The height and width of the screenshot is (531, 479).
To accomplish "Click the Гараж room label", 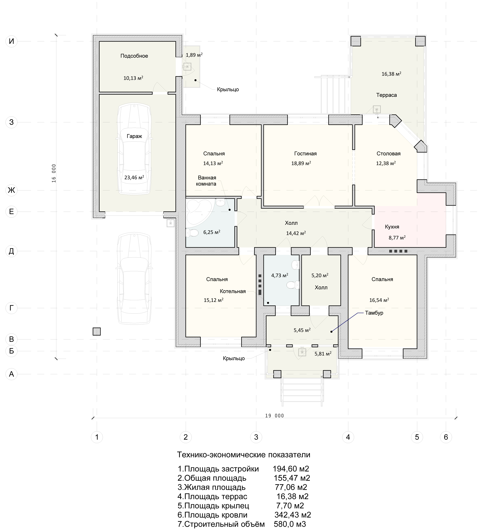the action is (x=134, y=136).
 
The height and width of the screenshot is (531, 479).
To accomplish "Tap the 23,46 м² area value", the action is (x=134, y=177).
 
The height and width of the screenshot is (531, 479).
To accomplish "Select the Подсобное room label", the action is (x=134, y=56).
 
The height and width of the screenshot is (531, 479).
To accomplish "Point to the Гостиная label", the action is (x=305, y=154).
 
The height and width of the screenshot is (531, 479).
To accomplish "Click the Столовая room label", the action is (x=389, y=154).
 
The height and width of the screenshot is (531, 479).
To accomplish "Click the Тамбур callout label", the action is (x=374, y=313).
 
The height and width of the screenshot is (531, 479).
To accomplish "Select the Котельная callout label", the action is (x=233, y=291).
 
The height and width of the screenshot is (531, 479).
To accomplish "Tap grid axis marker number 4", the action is (x=348, y=437).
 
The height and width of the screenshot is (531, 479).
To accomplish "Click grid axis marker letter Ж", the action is (x=11, y=190).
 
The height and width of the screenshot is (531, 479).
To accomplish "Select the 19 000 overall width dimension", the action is (x=275, y=416).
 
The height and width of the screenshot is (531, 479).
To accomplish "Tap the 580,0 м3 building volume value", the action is (x=290, y=524).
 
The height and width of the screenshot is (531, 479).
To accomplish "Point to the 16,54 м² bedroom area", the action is (x=379, y=300).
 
